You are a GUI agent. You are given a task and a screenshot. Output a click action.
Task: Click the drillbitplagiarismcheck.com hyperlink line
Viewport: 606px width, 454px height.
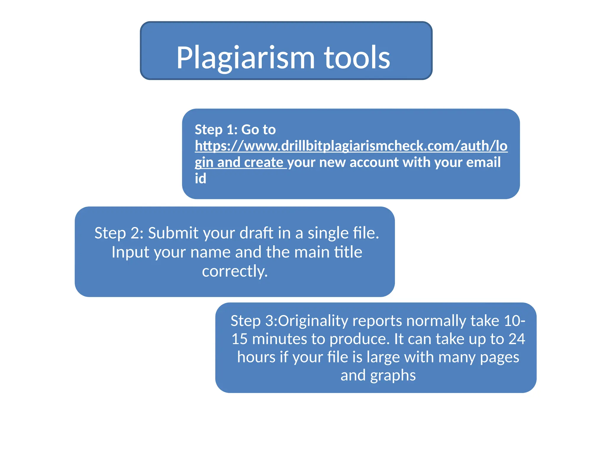351,146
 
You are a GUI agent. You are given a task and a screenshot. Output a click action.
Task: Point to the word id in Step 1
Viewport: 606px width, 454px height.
200,179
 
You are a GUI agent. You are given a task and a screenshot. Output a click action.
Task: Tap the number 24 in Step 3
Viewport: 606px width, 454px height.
517,339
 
